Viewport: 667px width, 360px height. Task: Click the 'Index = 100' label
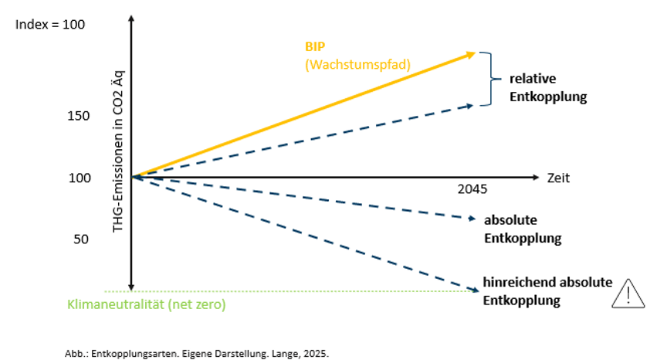tap(50, 25)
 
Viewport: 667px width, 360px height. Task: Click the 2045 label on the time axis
tap(472, 189)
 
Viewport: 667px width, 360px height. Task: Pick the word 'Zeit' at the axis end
tap(558, 178)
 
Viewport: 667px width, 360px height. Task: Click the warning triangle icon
tap(630, 294)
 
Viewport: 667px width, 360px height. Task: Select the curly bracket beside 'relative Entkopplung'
tap(486, 79)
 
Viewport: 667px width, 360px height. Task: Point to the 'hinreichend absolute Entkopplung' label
tap(547, 290)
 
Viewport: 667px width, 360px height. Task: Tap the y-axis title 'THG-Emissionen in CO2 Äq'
tap(119, 147)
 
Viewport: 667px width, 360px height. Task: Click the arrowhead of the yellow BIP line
tap(472, 53)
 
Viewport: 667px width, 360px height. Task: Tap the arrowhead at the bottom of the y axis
tap(133, 286)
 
